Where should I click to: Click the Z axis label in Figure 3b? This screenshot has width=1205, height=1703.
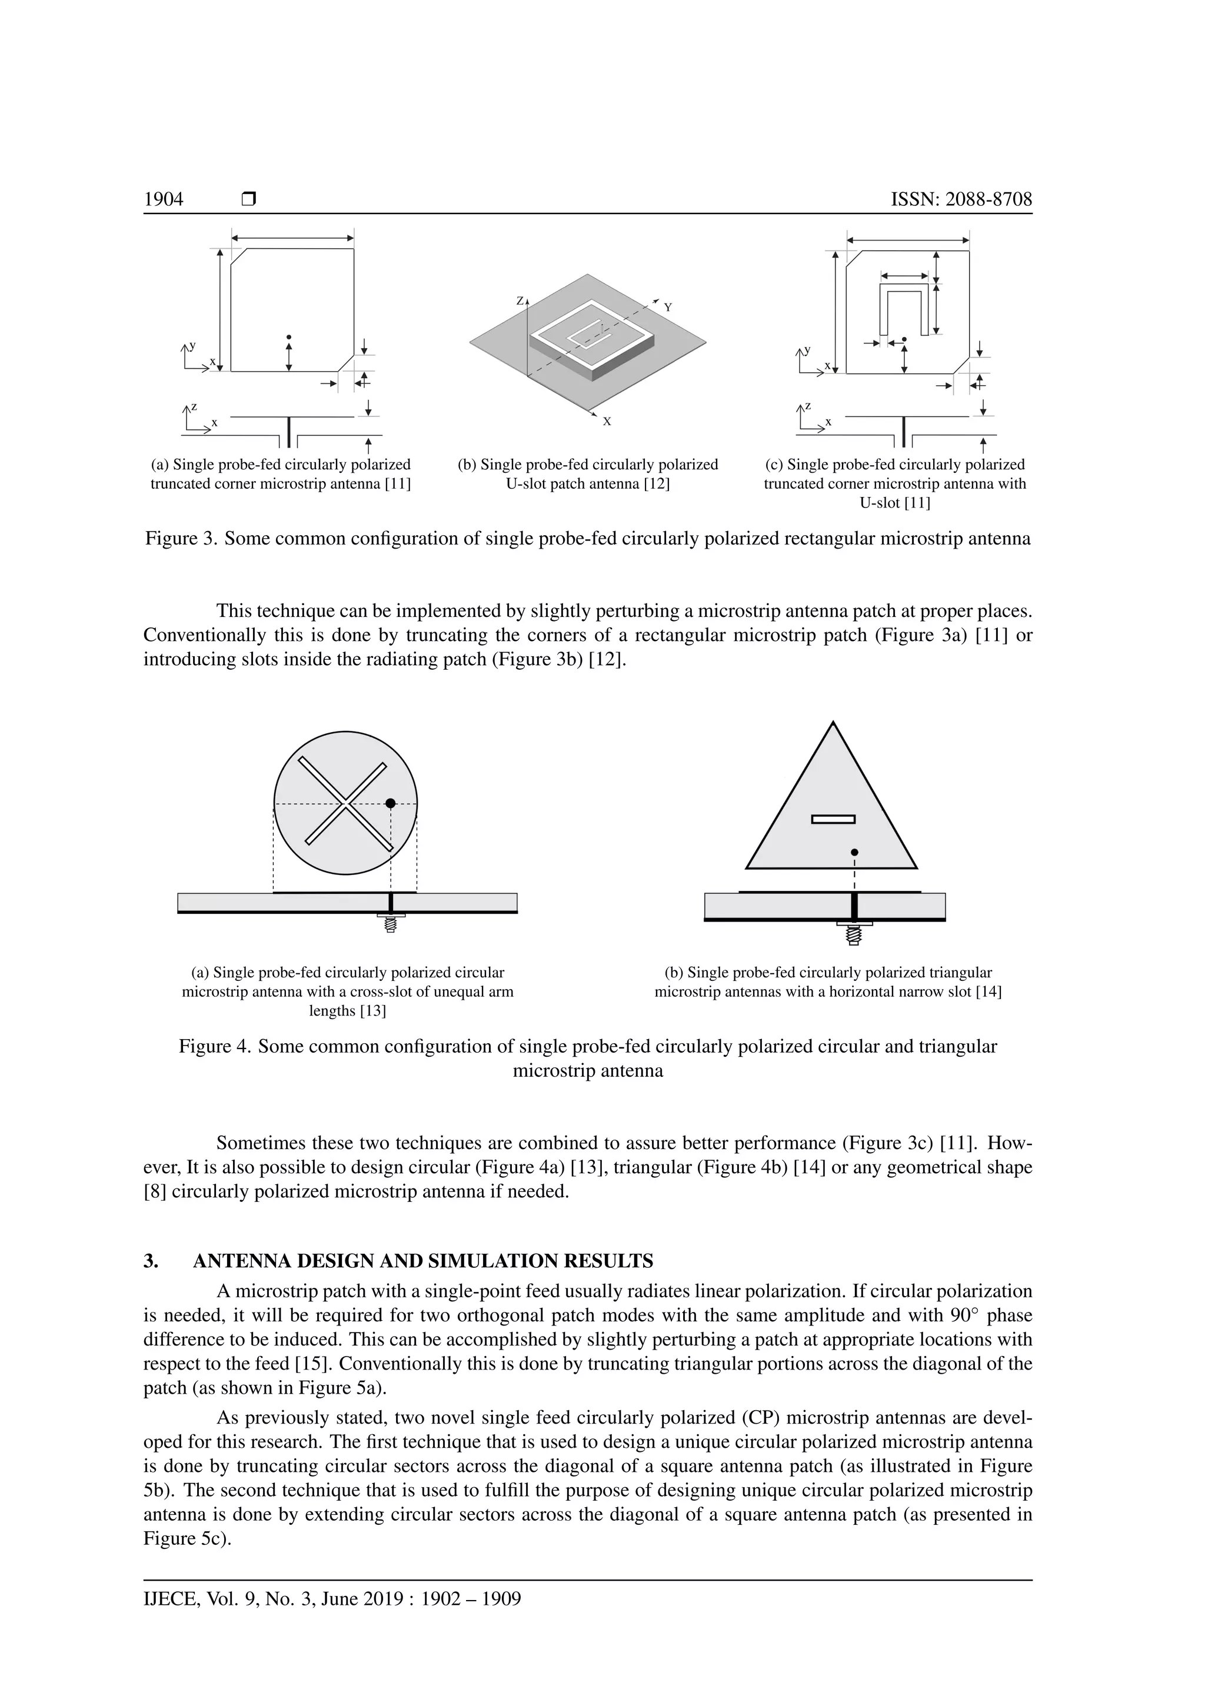click(x=520, y=302)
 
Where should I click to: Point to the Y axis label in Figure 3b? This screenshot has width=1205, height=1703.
click(x=668, y=307)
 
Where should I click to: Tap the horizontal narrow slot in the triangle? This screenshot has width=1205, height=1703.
click(x=833, y=820)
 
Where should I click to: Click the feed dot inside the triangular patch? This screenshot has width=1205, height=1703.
click(x=855, y=852)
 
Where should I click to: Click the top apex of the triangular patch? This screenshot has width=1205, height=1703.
click(x=833, y=723)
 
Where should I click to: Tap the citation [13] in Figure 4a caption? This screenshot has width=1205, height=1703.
click(x=372, y=1011)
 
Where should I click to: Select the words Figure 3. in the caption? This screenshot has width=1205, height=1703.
click(x=181, y=539)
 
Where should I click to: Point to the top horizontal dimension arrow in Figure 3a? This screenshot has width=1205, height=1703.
click(x=292, y=238)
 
